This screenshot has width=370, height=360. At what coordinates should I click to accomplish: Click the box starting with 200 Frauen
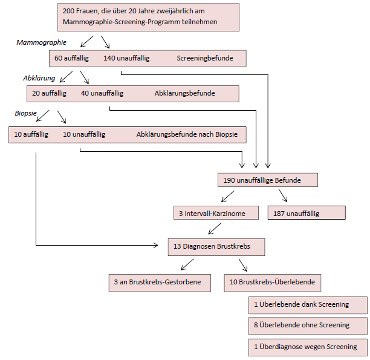(x=149, y=18)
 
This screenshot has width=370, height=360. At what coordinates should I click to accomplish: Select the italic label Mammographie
(x=41, y=43)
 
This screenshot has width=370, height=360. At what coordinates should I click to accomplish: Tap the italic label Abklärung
(x=39, y=78)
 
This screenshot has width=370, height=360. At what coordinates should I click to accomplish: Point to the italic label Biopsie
(x=25, y=113)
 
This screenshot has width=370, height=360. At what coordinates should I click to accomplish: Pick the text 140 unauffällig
(x=126, y=59)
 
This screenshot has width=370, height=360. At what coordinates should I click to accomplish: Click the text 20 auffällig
(x=50, y=93)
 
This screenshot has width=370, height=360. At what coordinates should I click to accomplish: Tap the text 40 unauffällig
(x=102, y=93)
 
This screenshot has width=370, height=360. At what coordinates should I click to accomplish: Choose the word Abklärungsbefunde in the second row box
(x=184, y=93)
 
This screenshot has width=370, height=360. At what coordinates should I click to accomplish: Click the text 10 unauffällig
(x=84, y=134)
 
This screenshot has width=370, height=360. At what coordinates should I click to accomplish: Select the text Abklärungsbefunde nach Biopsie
(x=187, y=134)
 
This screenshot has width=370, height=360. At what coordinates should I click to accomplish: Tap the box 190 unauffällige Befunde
(x=267, y=180)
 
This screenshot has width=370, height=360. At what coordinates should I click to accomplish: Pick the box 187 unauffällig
(x=306, y=213)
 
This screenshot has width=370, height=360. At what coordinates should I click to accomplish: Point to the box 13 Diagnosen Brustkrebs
(x=216, y=246)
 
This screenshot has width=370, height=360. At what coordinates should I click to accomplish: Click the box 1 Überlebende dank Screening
(x=307, y=304)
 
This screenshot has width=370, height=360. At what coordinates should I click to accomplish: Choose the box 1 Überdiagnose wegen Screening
(x=307, y=347)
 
